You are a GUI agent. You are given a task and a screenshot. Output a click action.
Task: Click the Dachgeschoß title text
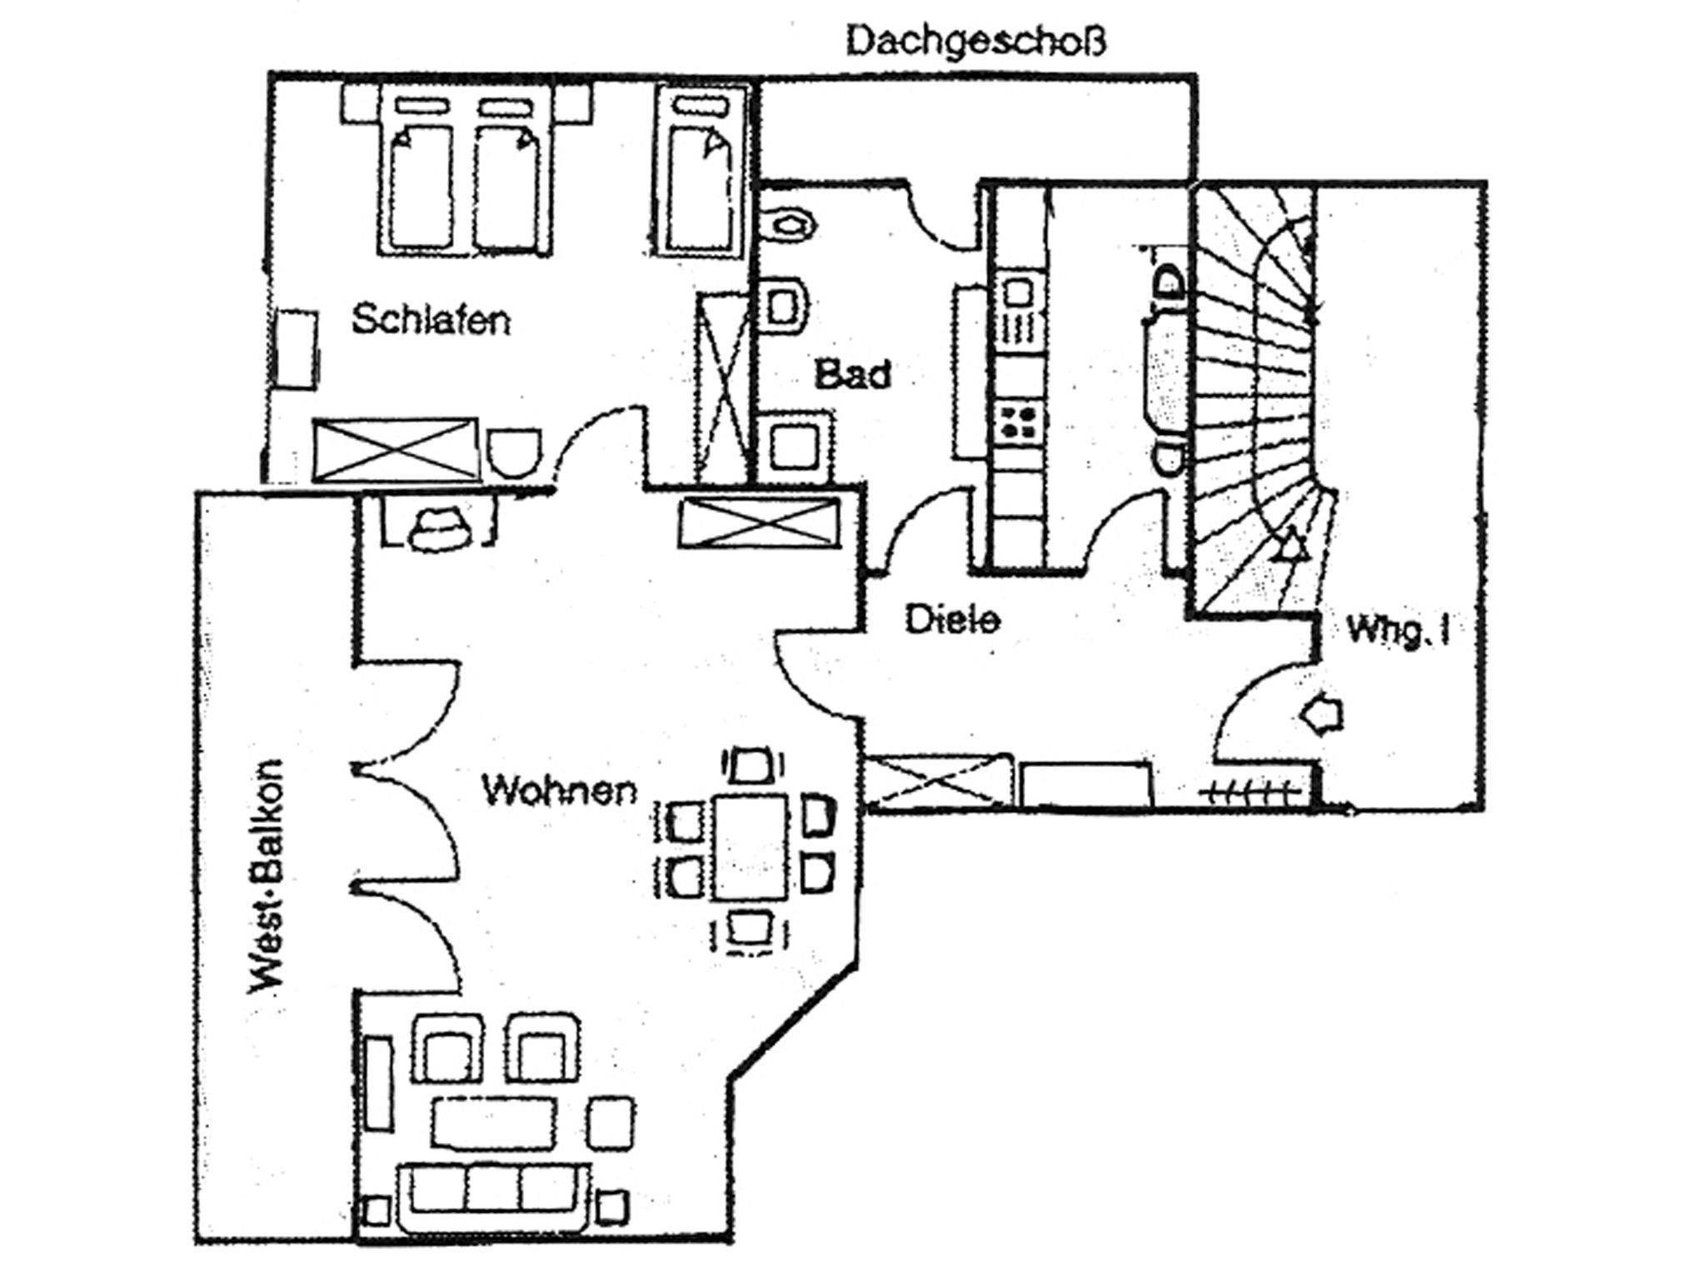[976, 41]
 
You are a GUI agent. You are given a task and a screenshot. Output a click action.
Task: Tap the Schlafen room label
[431, 320]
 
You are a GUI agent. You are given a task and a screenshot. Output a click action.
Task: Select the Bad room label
[852, 374]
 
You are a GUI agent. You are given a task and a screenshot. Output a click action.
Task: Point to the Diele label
[953, 620]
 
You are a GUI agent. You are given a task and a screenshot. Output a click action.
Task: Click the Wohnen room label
[560, 790]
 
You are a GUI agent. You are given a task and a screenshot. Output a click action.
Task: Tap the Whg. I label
[1399, 631]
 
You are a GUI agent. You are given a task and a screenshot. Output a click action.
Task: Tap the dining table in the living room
[750, 846]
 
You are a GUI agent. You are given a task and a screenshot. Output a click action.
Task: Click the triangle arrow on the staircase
[1289, 546]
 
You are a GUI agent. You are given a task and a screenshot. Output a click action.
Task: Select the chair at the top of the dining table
[752, 765]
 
